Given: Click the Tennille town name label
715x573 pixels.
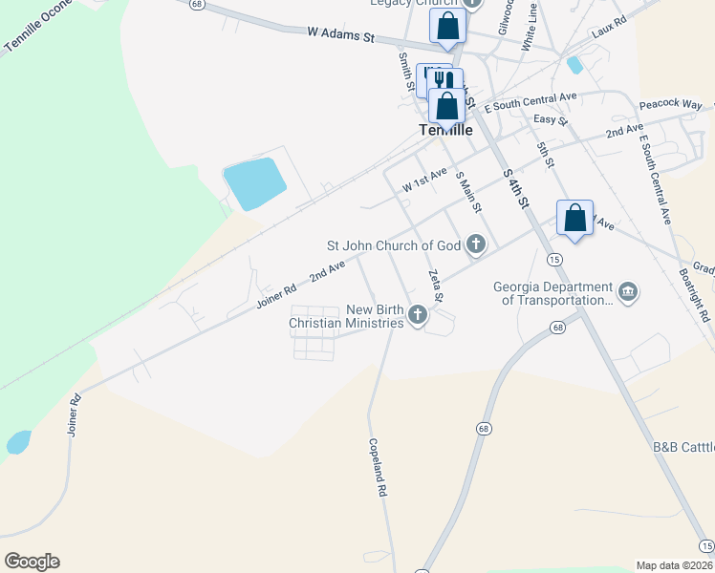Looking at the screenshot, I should point(446,131).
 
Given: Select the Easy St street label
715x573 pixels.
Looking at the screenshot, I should point(551,120).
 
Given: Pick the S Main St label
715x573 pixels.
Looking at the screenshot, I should point(468,192).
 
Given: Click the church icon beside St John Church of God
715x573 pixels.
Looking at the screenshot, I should point(475,246).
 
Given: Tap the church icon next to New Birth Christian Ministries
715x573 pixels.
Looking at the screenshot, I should point(417,314).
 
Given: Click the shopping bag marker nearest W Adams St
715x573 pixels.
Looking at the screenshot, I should point(447,27).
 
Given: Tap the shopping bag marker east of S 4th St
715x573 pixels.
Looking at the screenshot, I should point(574,218).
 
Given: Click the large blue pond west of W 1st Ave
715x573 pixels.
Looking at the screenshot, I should point(253,184).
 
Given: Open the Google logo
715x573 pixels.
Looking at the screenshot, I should point(32,562).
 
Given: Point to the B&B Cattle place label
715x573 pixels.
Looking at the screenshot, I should point(682,446).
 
